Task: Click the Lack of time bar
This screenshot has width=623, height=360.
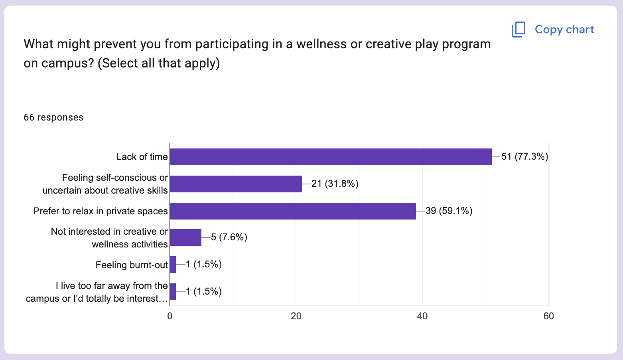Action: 331,157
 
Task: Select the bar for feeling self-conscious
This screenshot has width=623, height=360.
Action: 236,184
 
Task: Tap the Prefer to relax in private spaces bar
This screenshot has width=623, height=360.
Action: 293,211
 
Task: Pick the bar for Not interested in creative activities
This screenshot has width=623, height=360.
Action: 185,237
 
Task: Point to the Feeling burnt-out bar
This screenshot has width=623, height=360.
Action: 173,265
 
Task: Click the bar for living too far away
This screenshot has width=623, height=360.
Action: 173,292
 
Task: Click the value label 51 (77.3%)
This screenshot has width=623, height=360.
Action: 524,157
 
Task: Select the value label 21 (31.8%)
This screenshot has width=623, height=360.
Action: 335,184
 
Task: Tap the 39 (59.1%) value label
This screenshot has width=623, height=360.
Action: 449,211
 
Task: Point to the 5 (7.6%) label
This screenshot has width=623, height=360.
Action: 229,237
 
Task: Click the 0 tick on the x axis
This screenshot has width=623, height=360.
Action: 170,316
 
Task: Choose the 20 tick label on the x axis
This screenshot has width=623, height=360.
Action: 296,316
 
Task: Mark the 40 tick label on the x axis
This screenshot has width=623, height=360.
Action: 422,316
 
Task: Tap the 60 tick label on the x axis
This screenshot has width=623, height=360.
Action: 548,316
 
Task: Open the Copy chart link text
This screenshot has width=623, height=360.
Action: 564,30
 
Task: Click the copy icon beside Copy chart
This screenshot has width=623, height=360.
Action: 518,30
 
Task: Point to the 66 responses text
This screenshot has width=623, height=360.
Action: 53,117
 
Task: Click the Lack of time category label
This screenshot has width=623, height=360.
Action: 142,157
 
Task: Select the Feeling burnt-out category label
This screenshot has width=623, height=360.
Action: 132,265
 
